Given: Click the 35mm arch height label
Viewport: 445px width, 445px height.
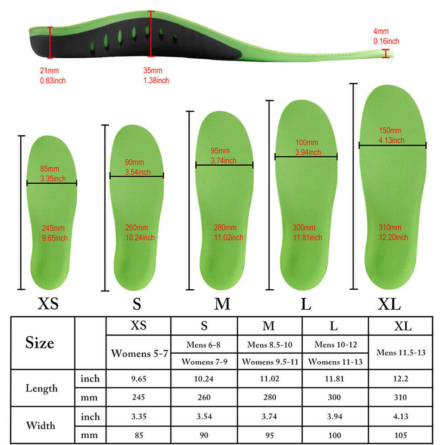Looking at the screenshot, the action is [156, 76].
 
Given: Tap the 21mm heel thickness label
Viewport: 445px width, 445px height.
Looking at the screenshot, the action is [53, 76].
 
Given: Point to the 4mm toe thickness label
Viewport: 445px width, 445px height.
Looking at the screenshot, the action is [386, 36].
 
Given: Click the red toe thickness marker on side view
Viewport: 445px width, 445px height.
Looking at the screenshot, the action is [385, 53].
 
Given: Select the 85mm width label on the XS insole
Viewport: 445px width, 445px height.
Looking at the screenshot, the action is [53, 174].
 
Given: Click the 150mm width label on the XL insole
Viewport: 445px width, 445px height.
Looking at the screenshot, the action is [391, 135].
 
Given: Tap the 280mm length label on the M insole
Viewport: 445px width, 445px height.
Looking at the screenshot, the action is [228, 232].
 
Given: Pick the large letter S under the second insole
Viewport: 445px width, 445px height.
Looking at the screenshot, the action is [137, 304].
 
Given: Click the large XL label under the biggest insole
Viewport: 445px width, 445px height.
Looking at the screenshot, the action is [389, 304].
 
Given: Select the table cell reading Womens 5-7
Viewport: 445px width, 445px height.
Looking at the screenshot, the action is [139, 353].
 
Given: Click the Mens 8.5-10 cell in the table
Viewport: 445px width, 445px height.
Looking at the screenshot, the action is [270, 344].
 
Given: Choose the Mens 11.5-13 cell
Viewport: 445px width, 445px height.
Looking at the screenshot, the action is [401, 352].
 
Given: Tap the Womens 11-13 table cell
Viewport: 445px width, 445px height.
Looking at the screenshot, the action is [335, 361].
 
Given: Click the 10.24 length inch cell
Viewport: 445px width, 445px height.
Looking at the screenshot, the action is [203, 379].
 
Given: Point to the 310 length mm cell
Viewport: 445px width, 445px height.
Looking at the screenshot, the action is [400, 397].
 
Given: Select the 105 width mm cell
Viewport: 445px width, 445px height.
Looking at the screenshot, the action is [400, 435].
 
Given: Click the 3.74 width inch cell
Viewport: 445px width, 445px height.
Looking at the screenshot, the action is [269, 417].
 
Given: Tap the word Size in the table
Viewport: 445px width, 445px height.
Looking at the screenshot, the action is [40, 343].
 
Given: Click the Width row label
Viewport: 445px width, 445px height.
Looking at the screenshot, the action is [40, 425].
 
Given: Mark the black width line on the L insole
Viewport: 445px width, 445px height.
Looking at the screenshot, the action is [306, 156].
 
